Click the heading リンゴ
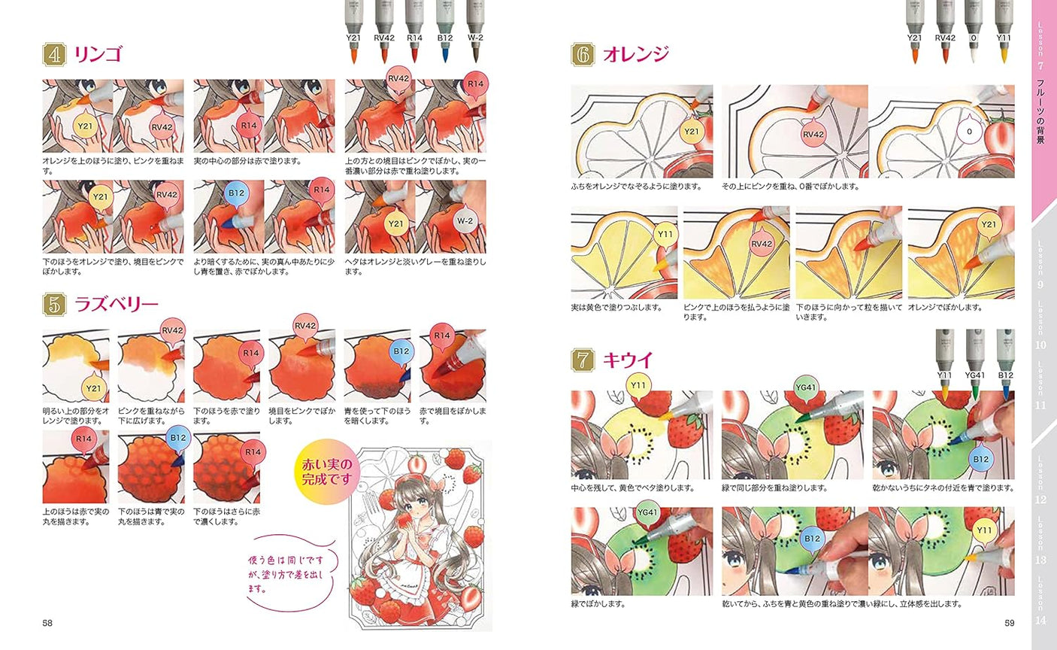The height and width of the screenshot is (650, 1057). [x=98, y=55]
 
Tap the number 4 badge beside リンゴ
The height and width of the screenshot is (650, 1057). [x=54, y=55]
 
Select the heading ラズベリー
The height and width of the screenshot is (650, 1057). [x=116, y=304]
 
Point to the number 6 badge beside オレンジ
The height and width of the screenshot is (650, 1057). [x=583, y=55]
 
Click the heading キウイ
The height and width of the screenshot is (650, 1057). [x=628, y=360]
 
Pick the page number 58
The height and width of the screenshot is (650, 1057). [x=47, y=622]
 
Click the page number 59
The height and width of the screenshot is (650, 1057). [x=1010, y=622]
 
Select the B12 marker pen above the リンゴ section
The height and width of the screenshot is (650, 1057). [x=444, y=30]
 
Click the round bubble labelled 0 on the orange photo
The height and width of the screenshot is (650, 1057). [x=970, y=131]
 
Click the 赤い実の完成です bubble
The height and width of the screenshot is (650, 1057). [x=326, y=470]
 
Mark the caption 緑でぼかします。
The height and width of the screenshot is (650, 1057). [x=598, y=603]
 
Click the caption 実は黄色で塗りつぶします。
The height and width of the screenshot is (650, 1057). [x=616, y=308]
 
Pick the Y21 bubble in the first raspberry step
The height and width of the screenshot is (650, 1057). [x=93, y=388]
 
